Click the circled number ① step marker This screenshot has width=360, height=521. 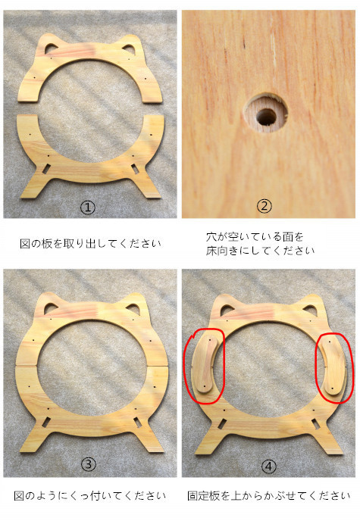(x=88, y=207)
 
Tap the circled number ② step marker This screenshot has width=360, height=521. (x=265, y=206)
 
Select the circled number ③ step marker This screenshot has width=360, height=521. (x=89, y=464)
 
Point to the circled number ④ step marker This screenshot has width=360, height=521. (x=268, y=466)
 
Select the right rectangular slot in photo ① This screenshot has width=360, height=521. (x=135, y=169)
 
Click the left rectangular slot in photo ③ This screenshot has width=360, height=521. (x=46, y=422)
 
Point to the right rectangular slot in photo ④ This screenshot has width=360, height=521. (x=315, y=423)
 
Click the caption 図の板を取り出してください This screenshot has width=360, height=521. (x=90, y=244)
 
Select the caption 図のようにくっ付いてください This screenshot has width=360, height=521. (x=89, y=496)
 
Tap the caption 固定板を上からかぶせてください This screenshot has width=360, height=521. (x=268, y=496)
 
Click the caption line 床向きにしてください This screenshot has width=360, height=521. (x=260, y=251)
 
